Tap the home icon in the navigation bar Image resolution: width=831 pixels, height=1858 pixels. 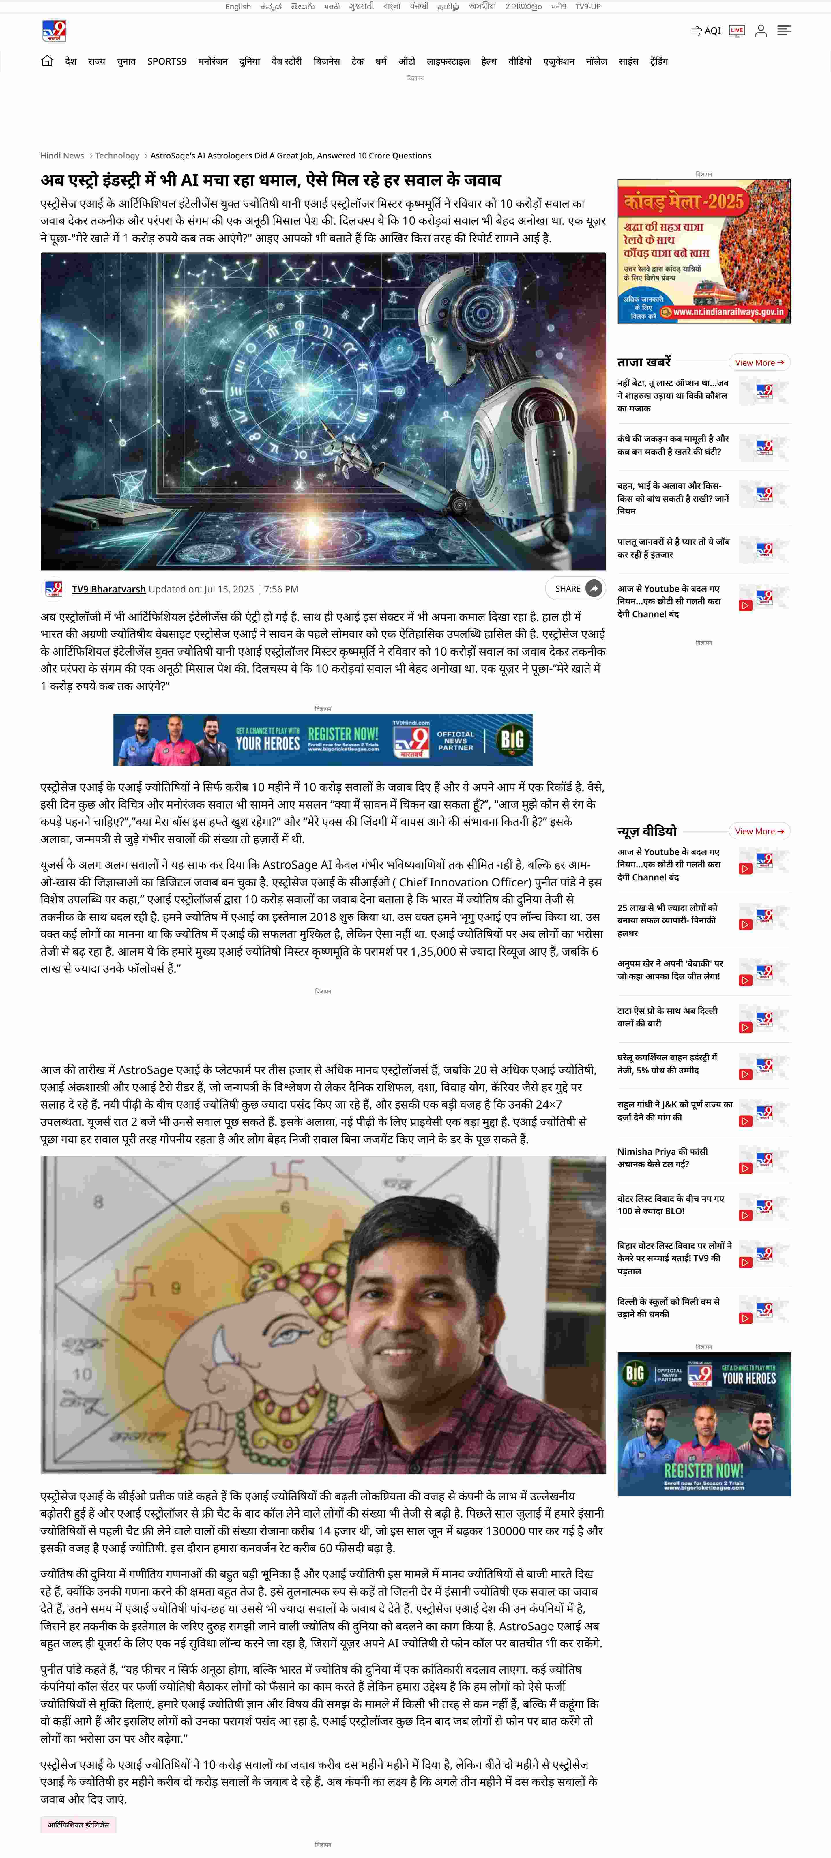tap(47, 61)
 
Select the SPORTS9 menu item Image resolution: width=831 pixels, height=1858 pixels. tap(167, 61)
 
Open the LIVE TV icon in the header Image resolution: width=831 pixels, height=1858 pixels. tap(736, 30)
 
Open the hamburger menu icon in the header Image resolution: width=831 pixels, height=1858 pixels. tap(784, 30)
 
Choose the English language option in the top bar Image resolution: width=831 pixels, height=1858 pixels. tap(238, 6)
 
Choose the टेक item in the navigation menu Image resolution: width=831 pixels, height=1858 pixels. tap(357, 61)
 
